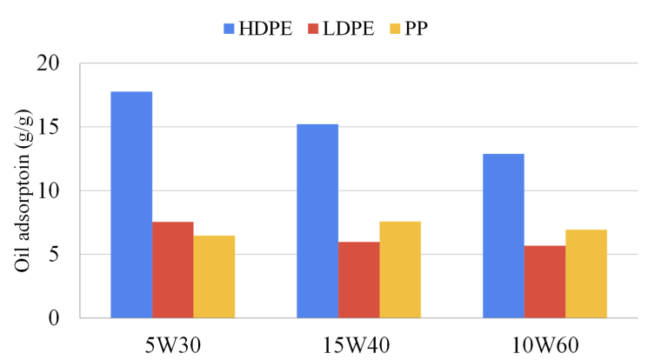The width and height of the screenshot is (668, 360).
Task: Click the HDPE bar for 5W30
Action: coord(131,204)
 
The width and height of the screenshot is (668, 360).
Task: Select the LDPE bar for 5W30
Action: coord(172,270)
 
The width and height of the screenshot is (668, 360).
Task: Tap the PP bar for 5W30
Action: coord(214,277)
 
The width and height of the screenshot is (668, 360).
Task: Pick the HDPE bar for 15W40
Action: coord(317,221)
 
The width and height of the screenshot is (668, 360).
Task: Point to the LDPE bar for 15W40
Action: coord(358,279)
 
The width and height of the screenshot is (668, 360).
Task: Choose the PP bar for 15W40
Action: coord(400,270)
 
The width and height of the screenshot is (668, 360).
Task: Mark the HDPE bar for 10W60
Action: coord(504,236)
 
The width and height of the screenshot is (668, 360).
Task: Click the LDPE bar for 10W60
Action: coord(544,281)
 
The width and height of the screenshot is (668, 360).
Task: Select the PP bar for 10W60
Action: coord(586,273)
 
